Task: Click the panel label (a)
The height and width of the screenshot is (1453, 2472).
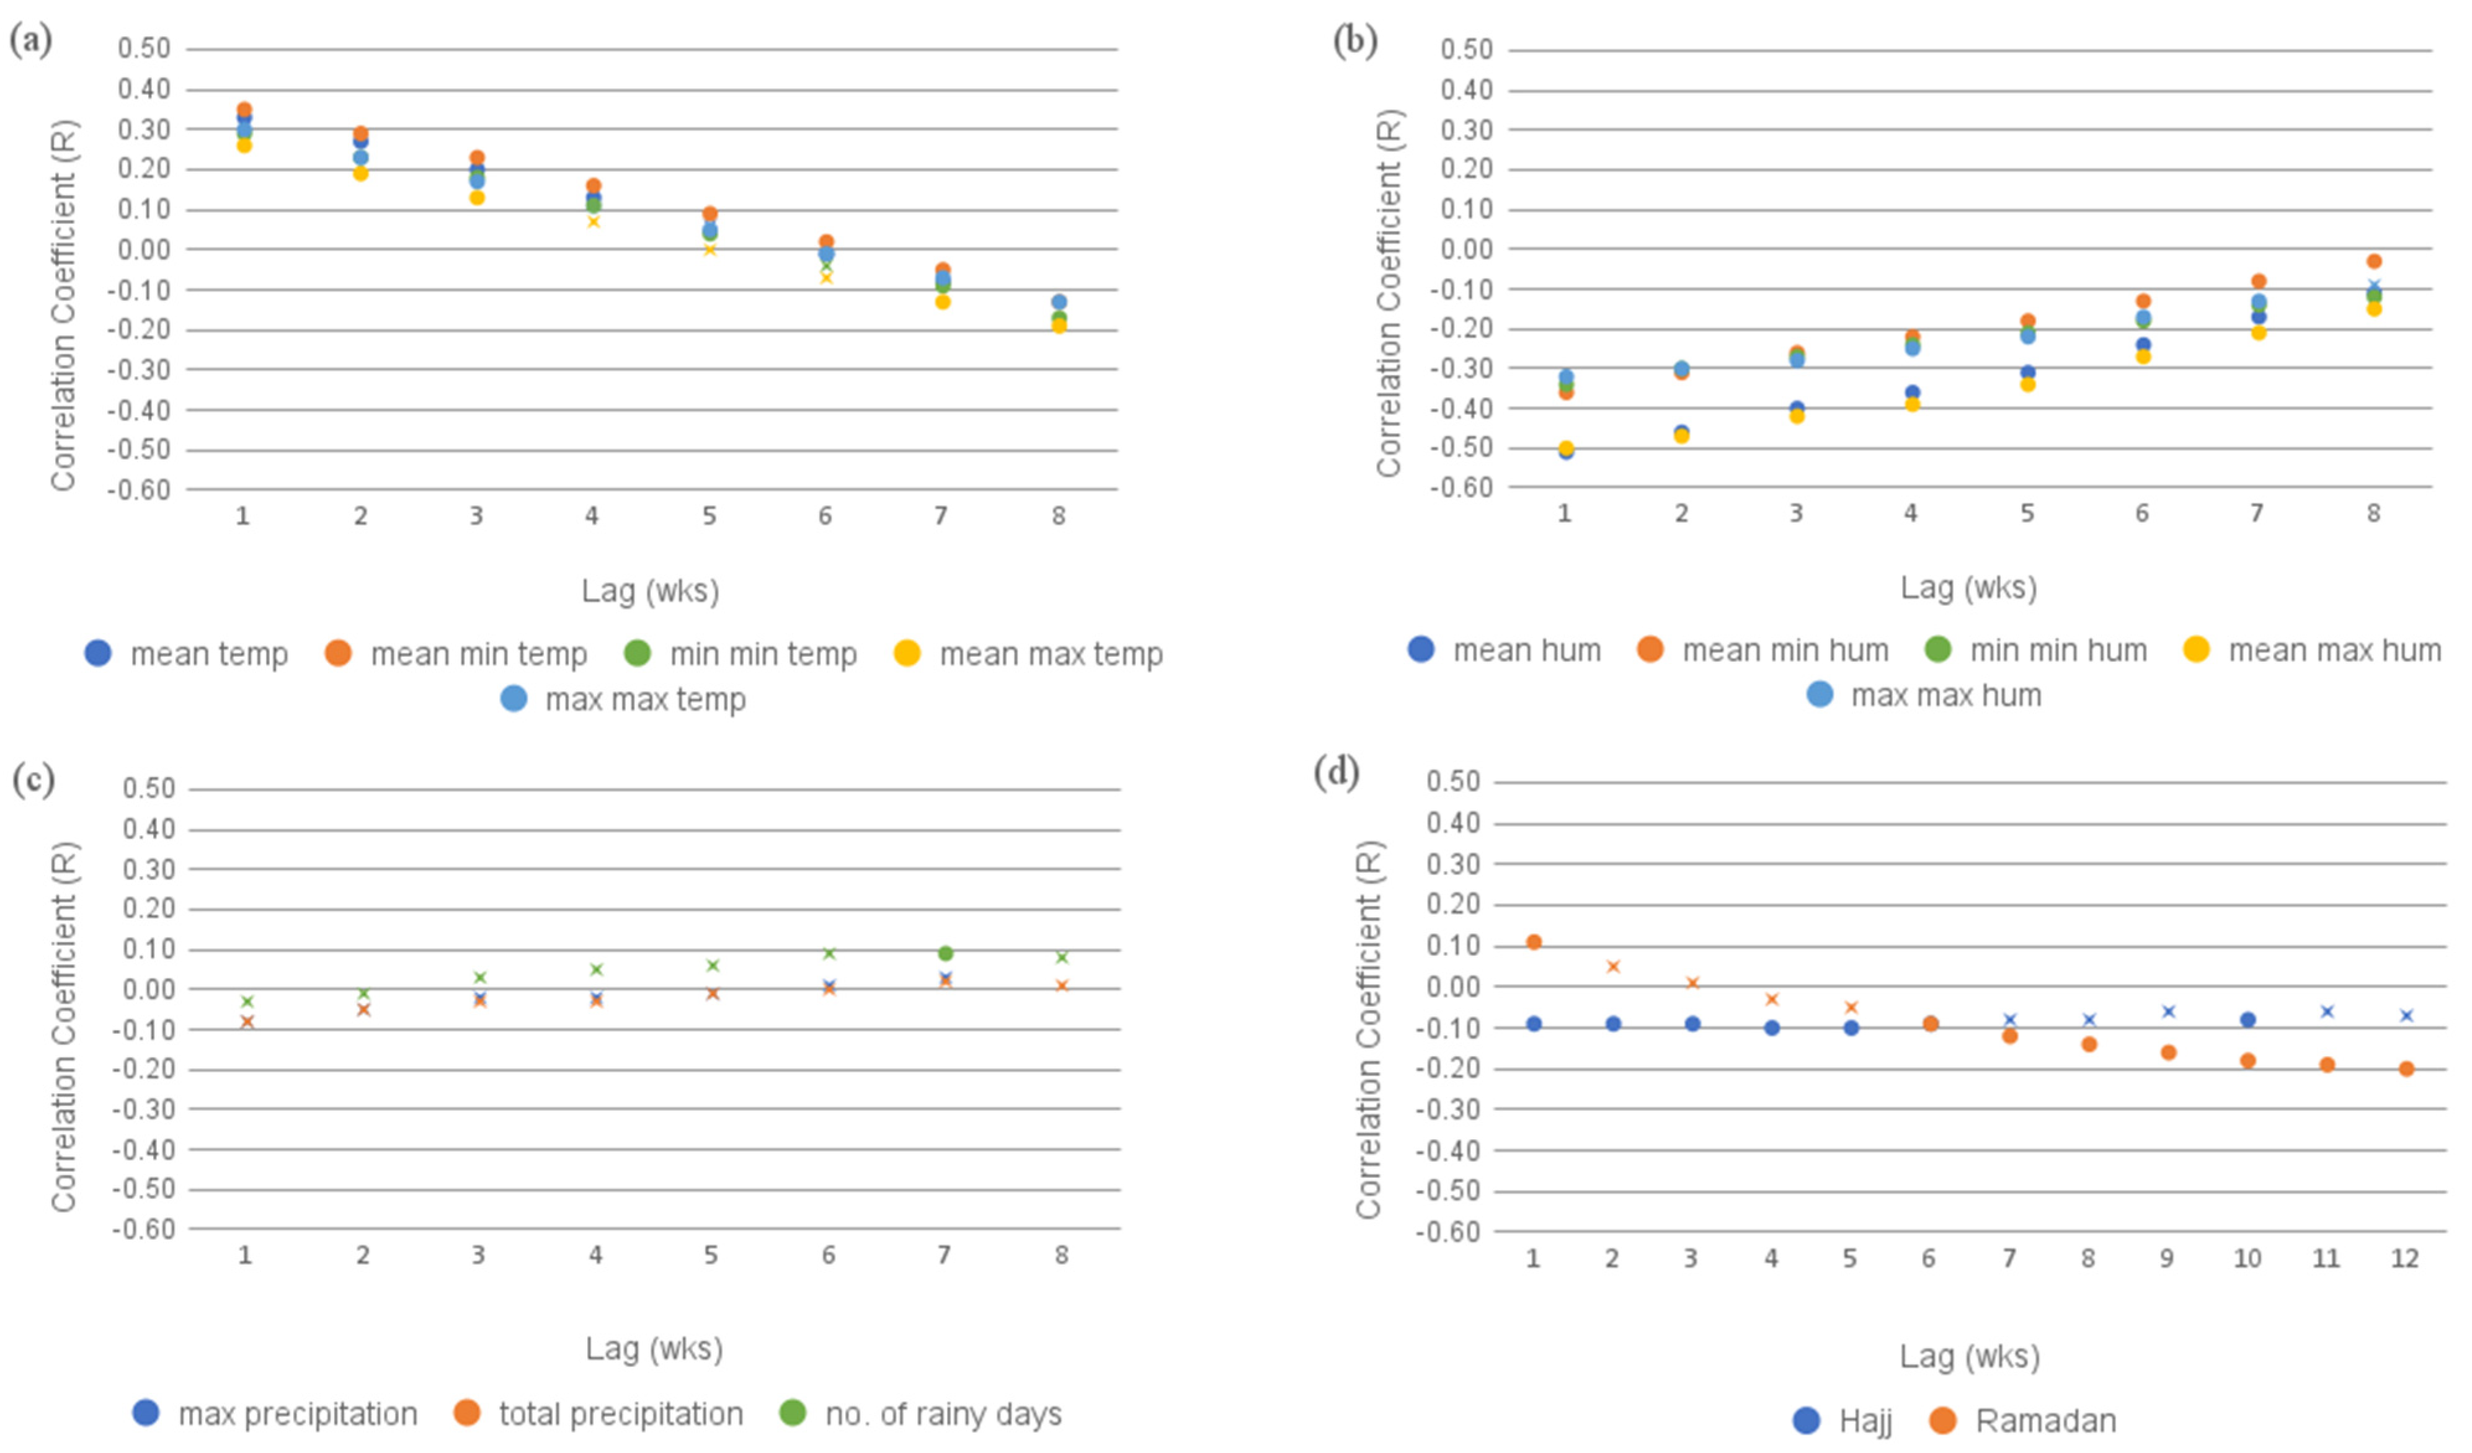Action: pyautogui.click(x=30, y=41)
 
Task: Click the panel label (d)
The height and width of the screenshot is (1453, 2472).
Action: pyautogui.click(x=1336, y=773)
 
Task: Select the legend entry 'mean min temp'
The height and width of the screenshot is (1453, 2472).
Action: pyautogui.click(x=456, y=654)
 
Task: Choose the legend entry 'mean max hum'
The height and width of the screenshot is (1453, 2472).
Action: pyautogui.click(x=2312, y=651)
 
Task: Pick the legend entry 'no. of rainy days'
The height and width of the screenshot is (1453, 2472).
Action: pyautogui.click(x=921, y=1414)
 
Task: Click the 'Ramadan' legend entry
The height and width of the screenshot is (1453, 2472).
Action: pyautogui.click(x=2023, y=1421)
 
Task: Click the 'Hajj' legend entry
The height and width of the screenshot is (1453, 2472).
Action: pyautogui.click(x=1843, y=1421)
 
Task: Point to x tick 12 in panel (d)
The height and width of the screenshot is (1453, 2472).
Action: pyautogui.click(x=2404, y=1259)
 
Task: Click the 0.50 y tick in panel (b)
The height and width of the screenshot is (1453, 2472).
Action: pyautogui.click(x=1465, y=49)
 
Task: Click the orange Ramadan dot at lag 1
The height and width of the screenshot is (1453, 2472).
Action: pyautogui.click(x=1534, y=942)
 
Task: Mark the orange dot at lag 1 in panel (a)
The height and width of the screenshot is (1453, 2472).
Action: pyautogui.click(x=244, y=110)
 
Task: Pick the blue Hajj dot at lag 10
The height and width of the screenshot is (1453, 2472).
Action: pyautogui.click(x=2247, y=1020)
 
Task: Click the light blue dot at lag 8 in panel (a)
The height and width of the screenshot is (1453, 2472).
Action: pyautogui.click(x=1059, y=302)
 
